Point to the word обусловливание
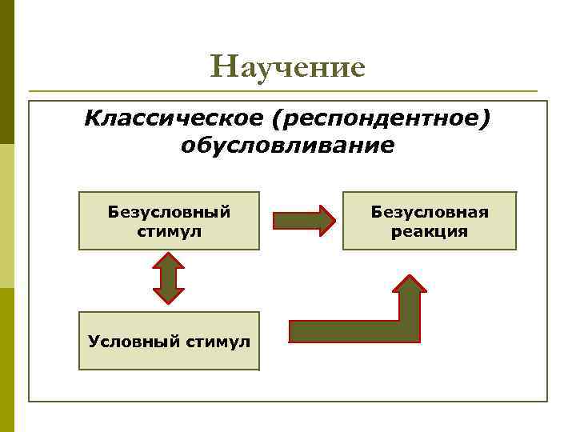287,146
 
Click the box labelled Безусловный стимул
169,220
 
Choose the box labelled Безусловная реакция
430,220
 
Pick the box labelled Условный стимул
169,341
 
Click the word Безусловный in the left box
169,212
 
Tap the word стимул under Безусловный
169,231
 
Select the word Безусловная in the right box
430,212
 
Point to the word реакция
430,231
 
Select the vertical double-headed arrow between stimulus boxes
169,278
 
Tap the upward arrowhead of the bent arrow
410,284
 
